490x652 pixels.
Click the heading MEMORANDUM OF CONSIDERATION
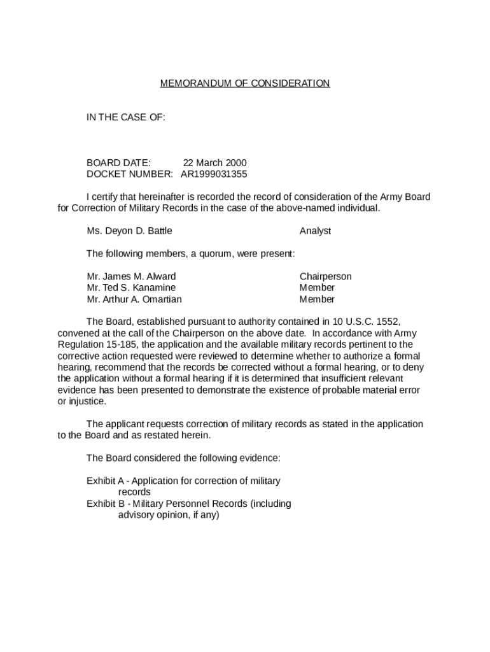coord(245,83)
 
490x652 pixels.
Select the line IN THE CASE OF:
coord(126,118)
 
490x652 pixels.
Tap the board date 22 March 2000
coord(214,163)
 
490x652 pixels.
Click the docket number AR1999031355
coord(214,174)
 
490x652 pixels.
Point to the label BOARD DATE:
coord(118,163)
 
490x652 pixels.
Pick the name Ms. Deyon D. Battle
coord(129,231)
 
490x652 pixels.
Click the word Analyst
coord(315,231)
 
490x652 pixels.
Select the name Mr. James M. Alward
coord(131,277)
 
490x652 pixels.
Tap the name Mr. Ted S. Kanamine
coord(131,288)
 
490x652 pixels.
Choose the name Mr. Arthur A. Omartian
coord(134,299)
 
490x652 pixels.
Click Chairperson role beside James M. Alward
coord(325,277)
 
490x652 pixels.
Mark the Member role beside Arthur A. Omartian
coord(317,299)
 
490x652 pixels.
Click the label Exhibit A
coord(105,481)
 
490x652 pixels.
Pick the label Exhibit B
coord(105,504)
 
